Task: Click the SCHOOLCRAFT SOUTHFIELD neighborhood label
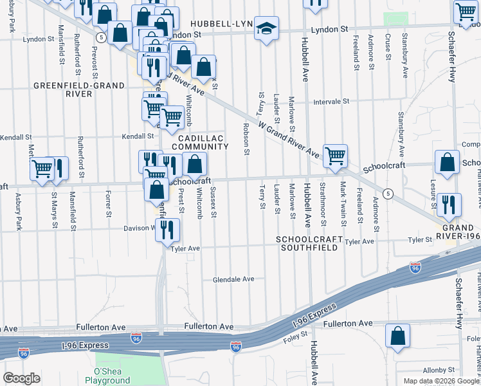(306, 243)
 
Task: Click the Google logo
(21, 378)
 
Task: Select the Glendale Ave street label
(234, 279)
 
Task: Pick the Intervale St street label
(331, 102)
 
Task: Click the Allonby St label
(439, 371)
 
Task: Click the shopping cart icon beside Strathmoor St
(335, 156)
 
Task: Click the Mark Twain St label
(343, 204)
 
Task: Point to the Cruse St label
(388, 48)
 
